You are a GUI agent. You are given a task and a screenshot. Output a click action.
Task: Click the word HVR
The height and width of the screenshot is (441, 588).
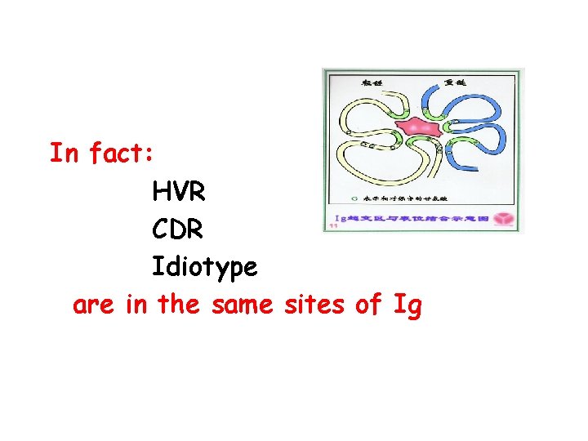(179, 194)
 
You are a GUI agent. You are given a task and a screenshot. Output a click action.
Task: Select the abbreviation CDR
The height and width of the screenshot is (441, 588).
(177, 230)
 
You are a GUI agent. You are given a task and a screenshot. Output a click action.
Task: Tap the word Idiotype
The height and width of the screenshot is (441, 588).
(204, 267)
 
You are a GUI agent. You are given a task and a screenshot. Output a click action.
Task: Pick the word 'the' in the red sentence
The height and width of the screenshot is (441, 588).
(178, 305)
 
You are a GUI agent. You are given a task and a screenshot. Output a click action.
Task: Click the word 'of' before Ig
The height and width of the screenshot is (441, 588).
(368, 305)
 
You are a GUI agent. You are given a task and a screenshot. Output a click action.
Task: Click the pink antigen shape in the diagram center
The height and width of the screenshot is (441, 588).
(417, 129)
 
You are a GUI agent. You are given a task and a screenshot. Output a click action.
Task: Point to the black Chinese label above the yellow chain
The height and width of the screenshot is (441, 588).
(372, 82)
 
